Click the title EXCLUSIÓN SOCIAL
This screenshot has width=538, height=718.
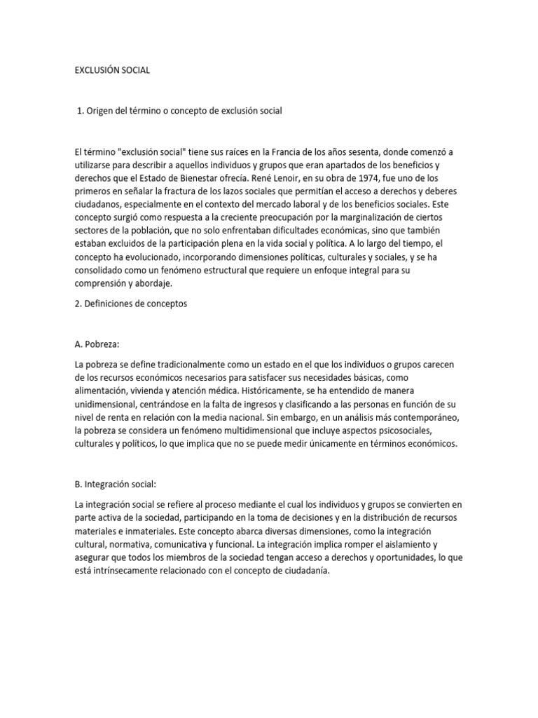click(x=111, y=71)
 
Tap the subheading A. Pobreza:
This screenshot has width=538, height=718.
click(x=97, y=344)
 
